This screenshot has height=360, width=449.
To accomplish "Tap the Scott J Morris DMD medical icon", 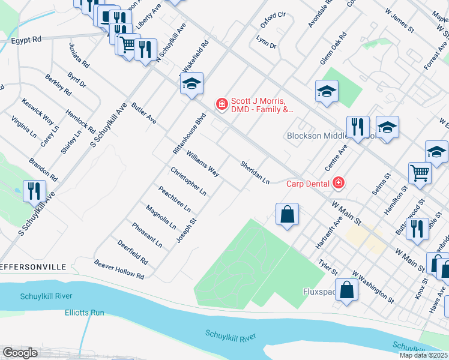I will tap(221, 104).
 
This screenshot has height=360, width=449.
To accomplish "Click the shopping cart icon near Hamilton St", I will tap(420, 173).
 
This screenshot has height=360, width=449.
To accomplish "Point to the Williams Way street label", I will tap(202, 164).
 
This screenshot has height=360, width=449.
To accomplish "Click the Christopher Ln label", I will tap(188, 182).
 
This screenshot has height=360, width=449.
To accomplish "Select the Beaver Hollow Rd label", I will tap(119, 269).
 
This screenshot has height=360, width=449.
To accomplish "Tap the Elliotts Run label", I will tap(85, 313).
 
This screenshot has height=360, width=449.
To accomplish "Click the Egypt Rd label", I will tap(26, 40).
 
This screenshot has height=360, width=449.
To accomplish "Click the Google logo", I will tap(20, 353).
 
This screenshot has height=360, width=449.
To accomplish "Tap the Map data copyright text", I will tap(424, 355).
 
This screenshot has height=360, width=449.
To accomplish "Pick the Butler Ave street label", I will tap(145, 112).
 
